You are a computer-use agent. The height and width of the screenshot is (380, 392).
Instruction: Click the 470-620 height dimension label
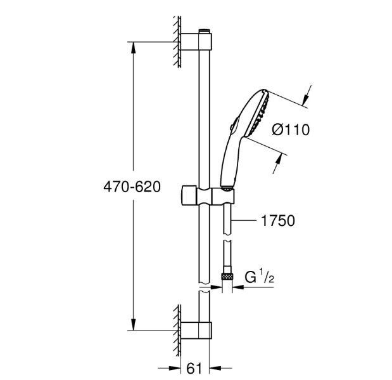(132, 187)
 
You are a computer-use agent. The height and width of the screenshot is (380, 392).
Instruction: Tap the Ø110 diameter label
(291, 130)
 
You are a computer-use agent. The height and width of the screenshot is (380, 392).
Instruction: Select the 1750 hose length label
(278, 221)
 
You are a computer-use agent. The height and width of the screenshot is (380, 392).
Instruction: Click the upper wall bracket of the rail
(196, 41)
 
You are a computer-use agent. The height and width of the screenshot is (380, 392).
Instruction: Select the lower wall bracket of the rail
(196, 331)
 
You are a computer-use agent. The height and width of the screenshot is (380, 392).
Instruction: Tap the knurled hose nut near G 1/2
(227, 277)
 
